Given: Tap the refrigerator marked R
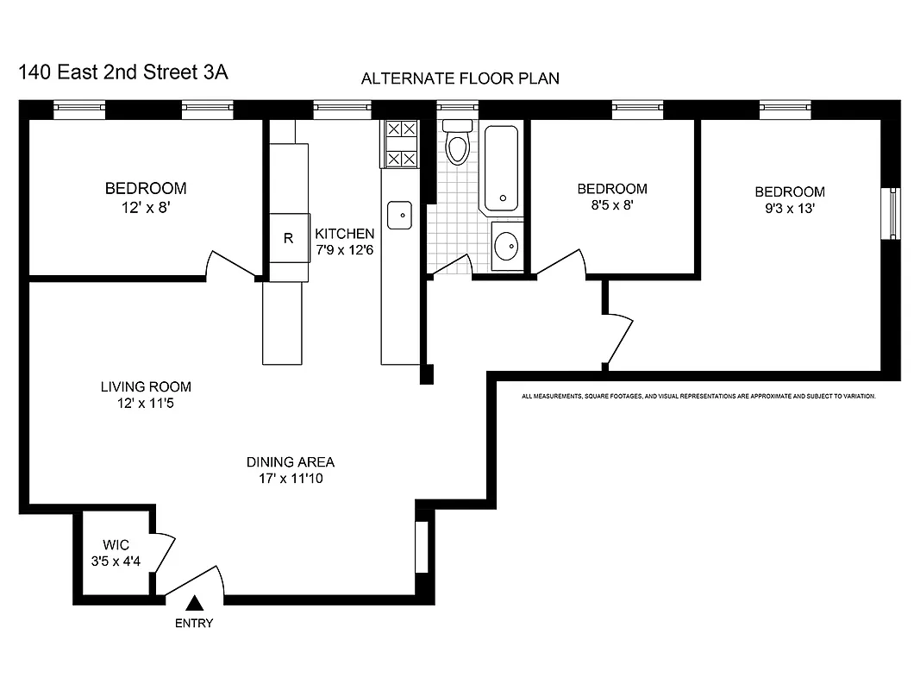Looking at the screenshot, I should [289, 238].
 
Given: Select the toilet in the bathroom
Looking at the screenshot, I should [457, 145].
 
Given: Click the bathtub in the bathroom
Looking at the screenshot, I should [501, 169].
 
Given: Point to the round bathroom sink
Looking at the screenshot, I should [507, 247].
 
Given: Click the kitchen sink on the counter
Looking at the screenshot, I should [398, 215].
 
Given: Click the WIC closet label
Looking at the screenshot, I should [116, 544].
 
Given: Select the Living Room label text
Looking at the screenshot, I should [146, 386].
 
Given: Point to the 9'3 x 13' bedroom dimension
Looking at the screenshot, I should [790, 208].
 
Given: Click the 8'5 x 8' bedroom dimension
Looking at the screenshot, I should [611, 205].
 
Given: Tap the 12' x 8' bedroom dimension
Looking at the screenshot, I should [146, 206].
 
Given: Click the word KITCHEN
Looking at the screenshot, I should [345, 234].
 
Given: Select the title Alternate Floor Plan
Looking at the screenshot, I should [460, 78].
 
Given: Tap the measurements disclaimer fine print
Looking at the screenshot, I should [698, 397].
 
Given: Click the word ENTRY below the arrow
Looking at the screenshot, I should [194, 624].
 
